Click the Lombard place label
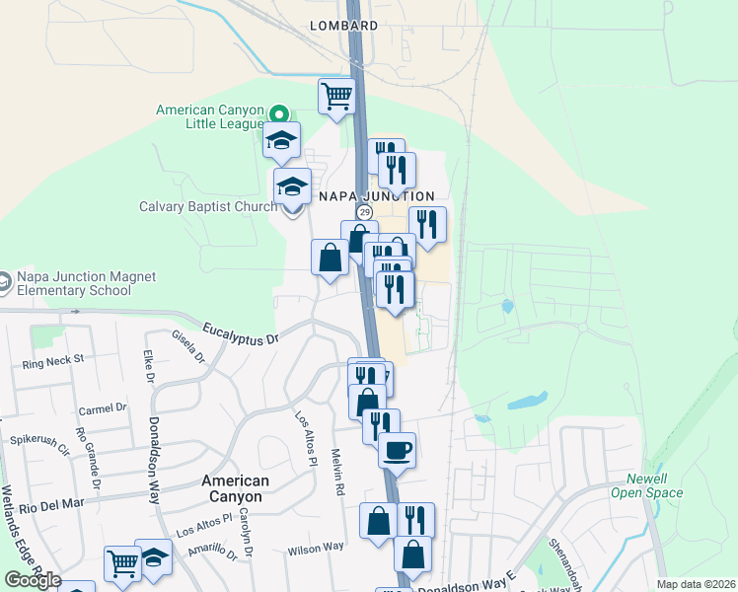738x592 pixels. pyautogui.click(x=343, y=25)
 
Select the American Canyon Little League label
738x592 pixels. pyautogui.click(x=212, y=116)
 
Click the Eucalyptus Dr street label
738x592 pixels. pyautogui.click(x=241, y=333)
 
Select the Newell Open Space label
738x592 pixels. pyautogui.click(x=646, y=485)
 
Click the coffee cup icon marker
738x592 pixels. pyautogui.click(x=398, y=450)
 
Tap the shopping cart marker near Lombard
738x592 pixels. pyautogui.click(x=336, y=97)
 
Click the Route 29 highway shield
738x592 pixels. pyautogui.click(x=364, y=213)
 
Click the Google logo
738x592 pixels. pyautogui.click(x=33, y=580)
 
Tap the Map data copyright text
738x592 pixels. pyautogui.click(x=695, y=584)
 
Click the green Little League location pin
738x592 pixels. pyautogui.click(x=280, y=115)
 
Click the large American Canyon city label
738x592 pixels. pyautogui.click(x=235, y=488)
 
